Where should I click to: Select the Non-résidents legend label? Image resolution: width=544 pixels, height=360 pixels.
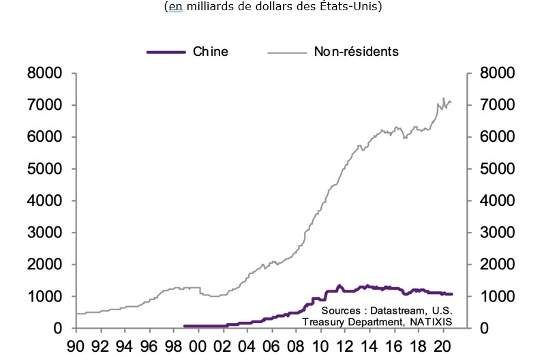[x=356, y=51]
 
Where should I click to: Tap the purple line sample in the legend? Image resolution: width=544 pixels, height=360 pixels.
[x=166, y=52]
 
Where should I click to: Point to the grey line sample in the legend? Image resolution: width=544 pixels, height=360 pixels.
[x=287, y=52]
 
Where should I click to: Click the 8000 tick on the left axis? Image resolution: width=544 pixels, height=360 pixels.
[x=45, y=73]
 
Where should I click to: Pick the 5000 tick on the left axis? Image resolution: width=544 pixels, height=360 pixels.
[x=45, y=169]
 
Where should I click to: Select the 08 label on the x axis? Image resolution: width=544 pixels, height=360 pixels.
[x=296, y=346]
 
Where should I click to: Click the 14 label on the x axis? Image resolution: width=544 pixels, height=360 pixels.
[x=368, y=346]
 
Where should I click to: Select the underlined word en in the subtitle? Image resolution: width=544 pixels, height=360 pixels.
[x=174, y=7]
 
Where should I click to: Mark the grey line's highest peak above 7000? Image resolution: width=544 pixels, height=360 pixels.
[x=444, y=97]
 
